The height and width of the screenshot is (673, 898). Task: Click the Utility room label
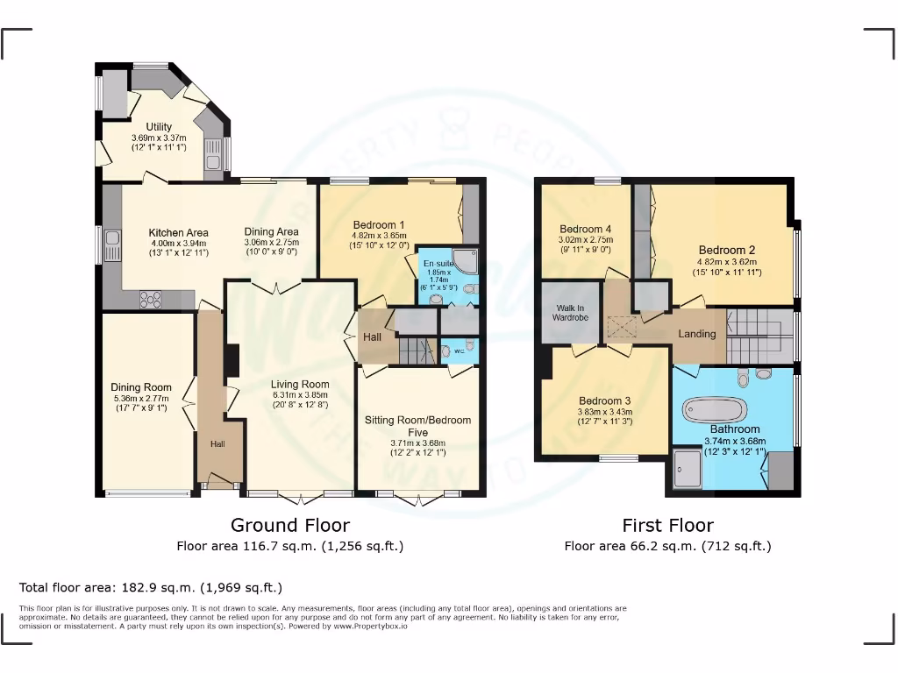click(x=159, y=127)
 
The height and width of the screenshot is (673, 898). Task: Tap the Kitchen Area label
click(x=178, y=232)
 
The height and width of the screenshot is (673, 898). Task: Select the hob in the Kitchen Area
click(x=152, y=299)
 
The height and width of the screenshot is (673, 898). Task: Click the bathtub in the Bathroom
click(x=714, y=409)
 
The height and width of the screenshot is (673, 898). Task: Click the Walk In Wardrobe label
click(x=570, y=314)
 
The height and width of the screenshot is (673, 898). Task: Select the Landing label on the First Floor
click(x=697, y=334)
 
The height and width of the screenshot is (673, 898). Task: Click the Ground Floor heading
click(x=289, y=526)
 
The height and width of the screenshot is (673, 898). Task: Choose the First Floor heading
click(x=667, y=526)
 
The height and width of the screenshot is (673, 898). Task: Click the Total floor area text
click(x=151, y=587)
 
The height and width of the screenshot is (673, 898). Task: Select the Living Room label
click(x=300, y=384)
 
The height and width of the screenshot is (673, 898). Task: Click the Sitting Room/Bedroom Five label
click(x=417, y=426)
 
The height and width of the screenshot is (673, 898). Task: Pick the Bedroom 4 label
click(x=585, y=229)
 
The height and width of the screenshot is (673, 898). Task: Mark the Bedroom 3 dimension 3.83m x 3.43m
click(x=604, y=413)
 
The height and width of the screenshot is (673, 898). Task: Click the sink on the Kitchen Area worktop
click(x=112, y=238)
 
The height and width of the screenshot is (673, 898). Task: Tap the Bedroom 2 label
click(x=727, y=250)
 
